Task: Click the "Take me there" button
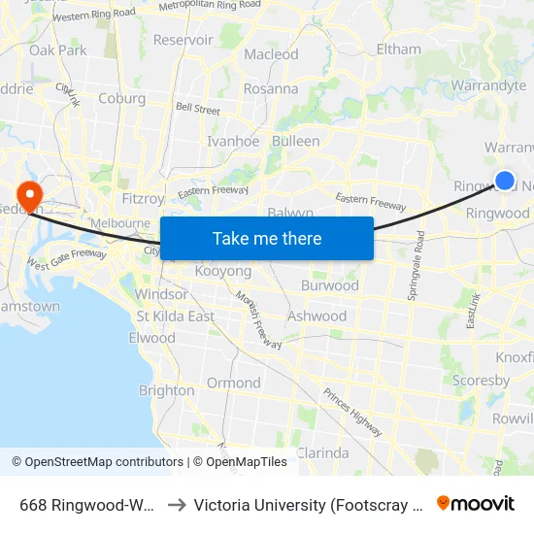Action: pyautogui.click(x=267, y=238)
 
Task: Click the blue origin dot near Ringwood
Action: pyautogui.click(x=505, y=180)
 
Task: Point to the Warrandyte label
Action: pyautogui.click(x=488, y=86)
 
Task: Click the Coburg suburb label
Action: pyautogui.click(x=121, y=98)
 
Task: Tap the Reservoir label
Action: pyautogui.click(x=183, y=40)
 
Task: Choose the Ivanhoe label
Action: pyautogui.click(x=233, y=141)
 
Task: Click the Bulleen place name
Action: pyautogui.click(x=295, y=141)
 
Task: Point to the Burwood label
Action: pyautogui.click(x=329, y=285)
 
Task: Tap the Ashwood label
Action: pyautogui.click(x=317, y=316)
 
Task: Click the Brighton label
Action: pyautogui.click(x=166, y=390)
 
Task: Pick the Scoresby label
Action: pyautogui.click(x=481, y=381)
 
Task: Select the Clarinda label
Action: pyautogui.click(x=321, y=452)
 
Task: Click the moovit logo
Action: pyautogui.click(x=476, y=503)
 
